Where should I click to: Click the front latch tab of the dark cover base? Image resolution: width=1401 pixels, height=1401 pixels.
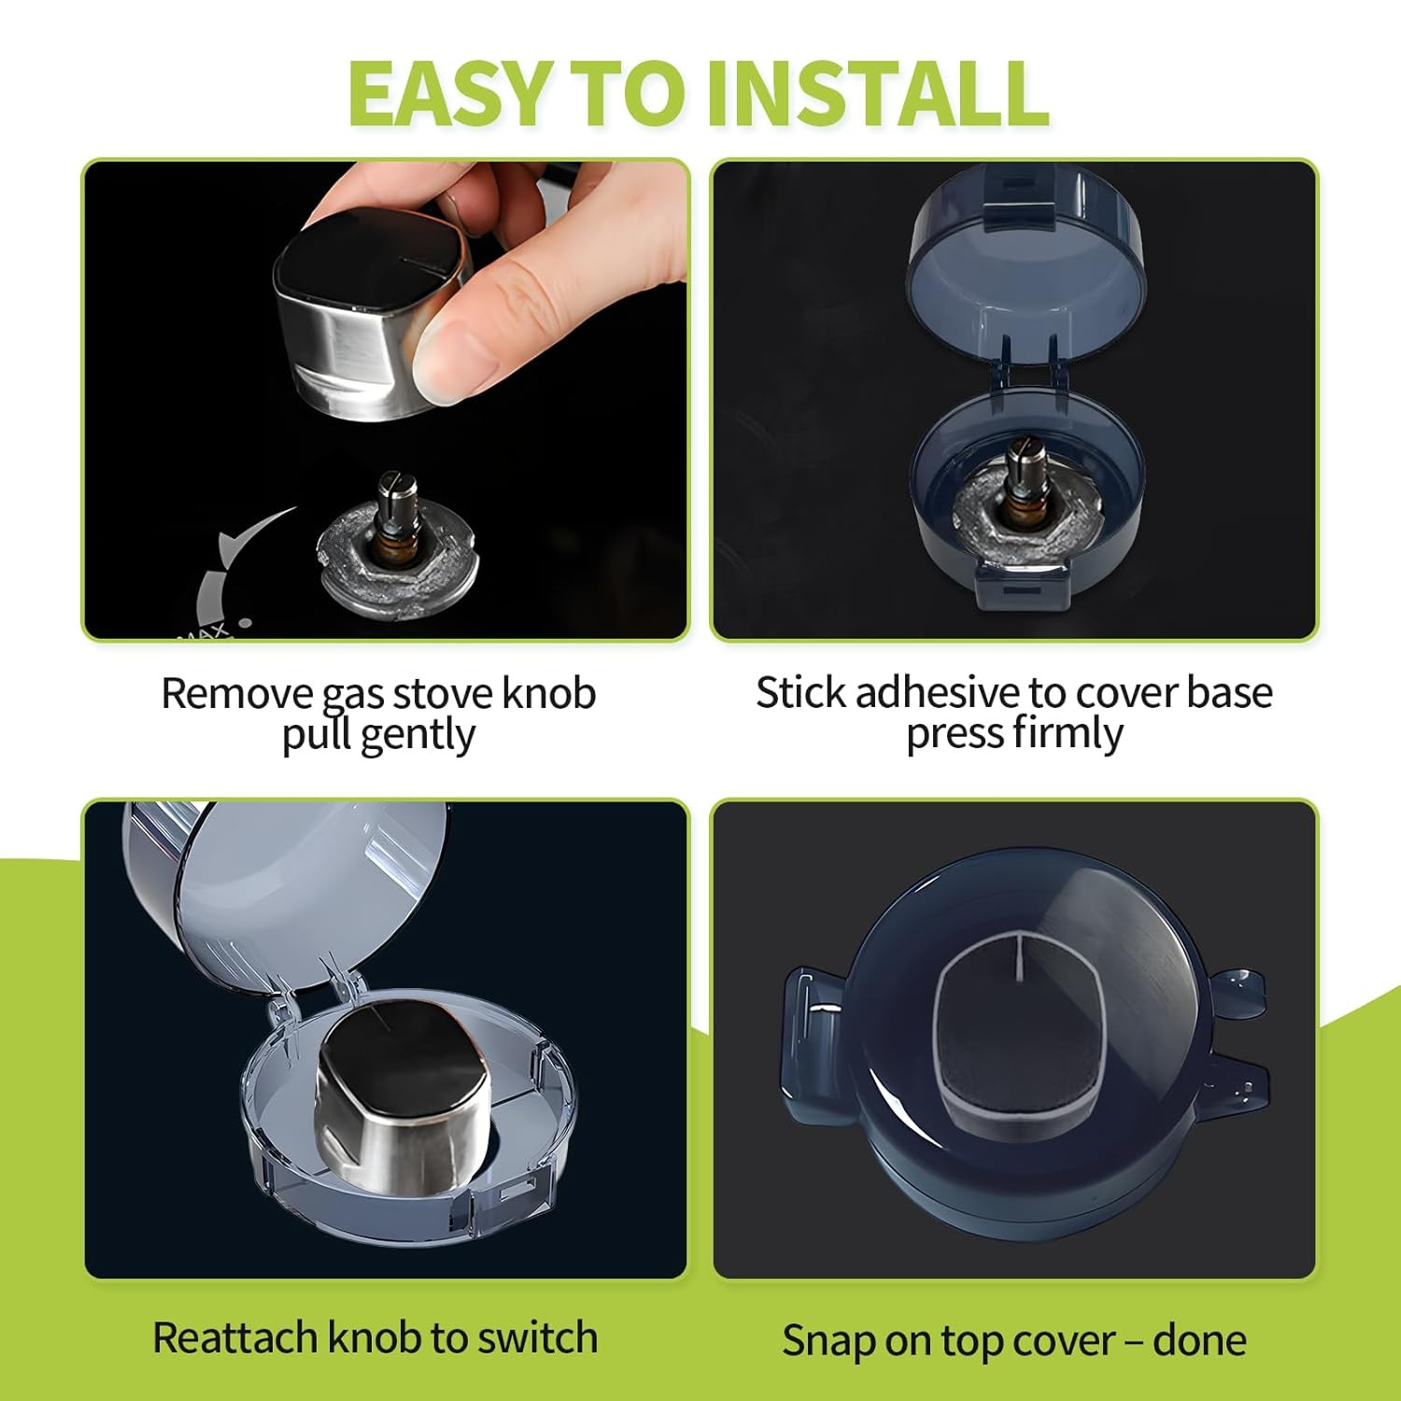tap(1021, 587)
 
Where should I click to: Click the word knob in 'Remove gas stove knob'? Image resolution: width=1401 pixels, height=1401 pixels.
tap(548, 694)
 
